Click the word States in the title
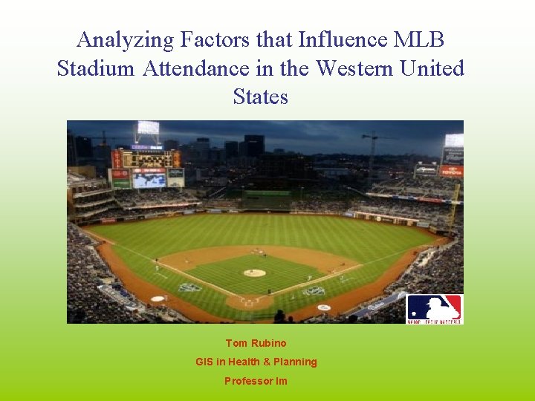click(260, 97)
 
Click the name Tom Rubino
click(256, 343)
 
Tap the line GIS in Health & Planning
click(256, 362)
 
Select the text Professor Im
click(256, 381)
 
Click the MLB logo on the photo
click(434, 308)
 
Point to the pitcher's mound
click(254, 273)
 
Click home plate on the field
click(248, 303)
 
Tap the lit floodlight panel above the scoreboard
click(148, 128)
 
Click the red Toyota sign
click(451, 170)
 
